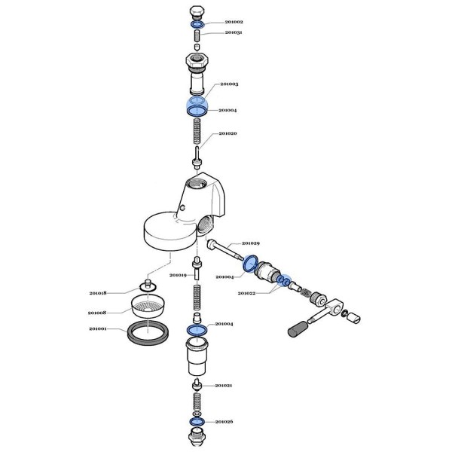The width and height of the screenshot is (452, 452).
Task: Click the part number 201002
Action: pos(234,22)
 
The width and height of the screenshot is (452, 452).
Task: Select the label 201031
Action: pos(234,32)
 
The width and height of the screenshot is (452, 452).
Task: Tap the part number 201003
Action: pos(229,84)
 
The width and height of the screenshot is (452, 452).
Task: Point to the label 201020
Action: pos(228,133)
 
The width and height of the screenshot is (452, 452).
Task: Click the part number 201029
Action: pos(251,243)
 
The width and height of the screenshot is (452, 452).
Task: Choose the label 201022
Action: pos(246,293)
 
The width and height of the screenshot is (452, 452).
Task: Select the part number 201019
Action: pos(178,275)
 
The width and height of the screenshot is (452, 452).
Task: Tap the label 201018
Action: pos(98,293)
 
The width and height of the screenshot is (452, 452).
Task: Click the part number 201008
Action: pos(97,313)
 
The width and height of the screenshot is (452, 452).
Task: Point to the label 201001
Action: pos(98,329)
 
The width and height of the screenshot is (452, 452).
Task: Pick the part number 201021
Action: pos(224,386)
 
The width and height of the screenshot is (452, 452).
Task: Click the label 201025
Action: pos(224,422)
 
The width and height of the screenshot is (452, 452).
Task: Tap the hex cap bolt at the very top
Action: pos(197,12)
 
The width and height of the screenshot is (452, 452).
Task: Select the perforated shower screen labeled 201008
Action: pos(148,307)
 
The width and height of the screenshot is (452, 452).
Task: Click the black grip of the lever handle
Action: pos(298,328)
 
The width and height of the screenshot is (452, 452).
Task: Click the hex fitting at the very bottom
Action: pos(197,438)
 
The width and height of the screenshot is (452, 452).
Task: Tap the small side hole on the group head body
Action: pos(182,207)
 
